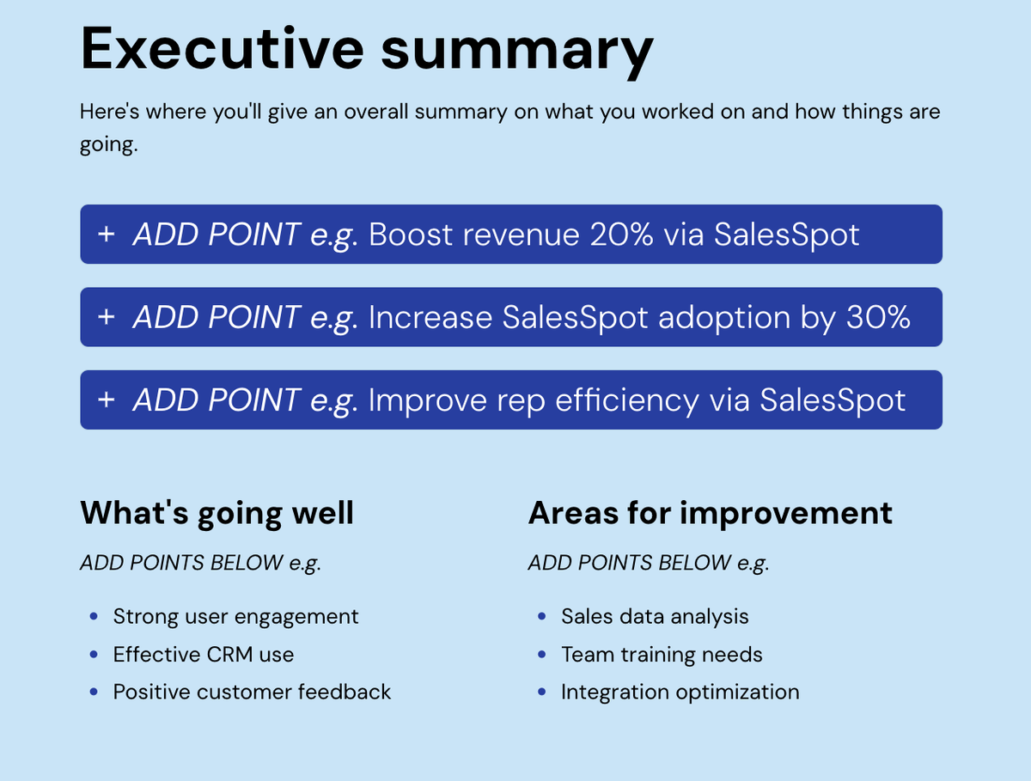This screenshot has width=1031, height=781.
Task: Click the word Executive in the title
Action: (x=223, y=48)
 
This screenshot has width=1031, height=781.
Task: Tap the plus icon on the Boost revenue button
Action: (x=107, y=234)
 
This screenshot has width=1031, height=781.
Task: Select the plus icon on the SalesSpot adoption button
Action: (x=107, y=316)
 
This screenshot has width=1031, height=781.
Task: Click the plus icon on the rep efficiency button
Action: (x=107, y=400)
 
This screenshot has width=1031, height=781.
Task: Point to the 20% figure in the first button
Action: (x=621, y=234)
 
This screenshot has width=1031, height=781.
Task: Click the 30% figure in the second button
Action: (x=878, y=317)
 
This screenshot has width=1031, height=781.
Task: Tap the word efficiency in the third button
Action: (x=627, y=400)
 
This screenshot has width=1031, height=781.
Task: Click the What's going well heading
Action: (x=217, y=513)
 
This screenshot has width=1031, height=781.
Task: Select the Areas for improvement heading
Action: (x=711, y=513)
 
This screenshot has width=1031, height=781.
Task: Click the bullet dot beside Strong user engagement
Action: (x=94, y=616)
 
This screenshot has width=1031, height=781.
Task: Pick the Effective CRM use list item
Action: (x=204, y=654)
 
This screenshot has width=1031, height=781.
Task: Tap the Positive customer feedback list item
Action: (x=252, y=692)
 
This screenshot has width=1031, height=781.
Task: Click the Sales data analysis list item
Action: (x=655, y=617)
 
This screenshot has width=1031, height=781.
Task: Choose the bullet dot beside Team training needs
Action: (x=542, y=654)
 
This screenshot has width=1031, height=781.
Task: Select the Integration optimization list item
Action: (x=680, y=693)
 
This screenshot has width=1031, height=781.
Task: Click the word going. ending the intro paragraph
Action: (x=109, y=144)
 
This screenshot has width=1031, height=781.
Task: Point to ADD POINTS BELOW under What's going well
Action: (x=181, y=563)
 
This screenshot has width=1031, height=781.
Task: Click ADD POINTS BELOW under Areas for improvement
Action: (x=630, y=563)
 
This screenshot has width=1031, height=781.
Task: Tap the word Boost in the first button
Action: (x=411, y=234)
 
